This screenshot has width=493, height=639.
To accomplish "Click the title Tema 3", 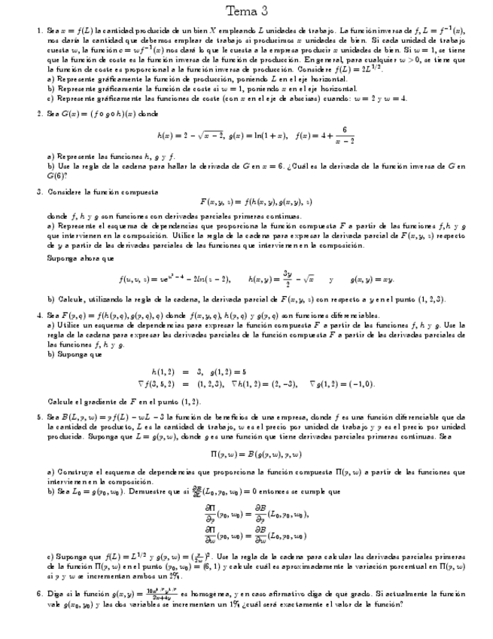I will click(246, 11).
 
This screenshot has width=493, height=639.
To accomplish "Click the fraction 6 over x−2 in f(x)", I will click(343, 135).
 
